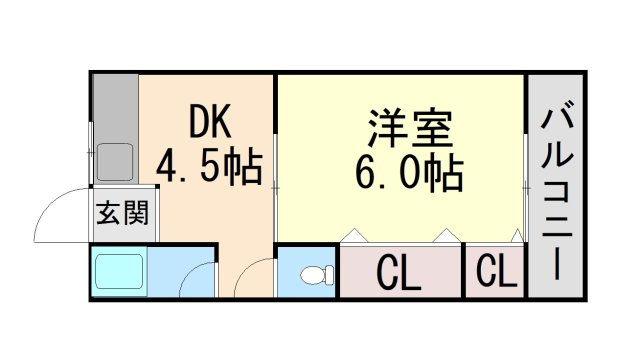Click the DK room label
210,121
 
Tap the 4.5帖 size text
209,166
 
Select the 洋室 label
410,128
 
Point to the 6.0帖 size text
409,173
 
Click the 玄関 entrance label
122,213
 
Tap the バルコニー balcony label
557,191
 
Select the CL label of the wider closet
398,273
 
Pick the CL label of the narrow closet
496,270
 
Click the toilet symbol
317,274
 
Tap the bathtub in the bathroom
119,272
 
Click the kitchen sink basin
115,162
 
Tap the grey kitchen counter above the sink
116,108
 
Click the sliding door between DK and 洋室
276,187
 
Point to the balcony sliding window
526,188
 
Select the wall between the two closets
463,270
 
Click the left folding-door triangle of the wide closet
354,236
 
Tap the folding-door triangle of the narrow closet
517,236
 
